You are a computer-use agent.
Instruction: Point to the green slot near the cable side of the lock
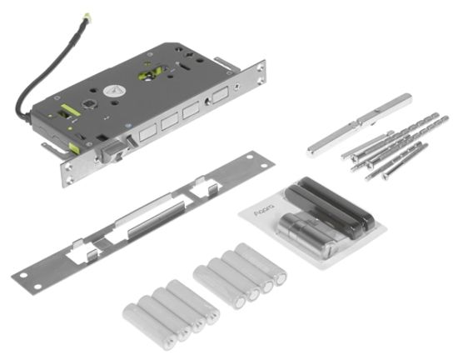(69, 109)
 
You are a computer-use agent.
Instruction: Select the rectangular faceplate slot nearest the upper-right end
(219, 95)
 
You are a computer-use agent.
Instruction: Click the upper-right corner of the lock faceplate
(261, 65)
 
